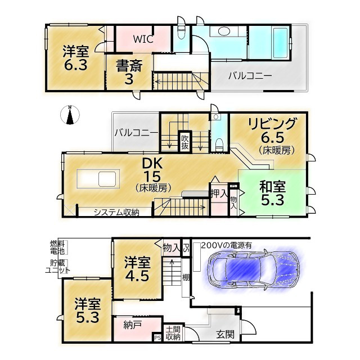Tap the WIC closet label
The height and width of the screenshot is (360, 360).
143,39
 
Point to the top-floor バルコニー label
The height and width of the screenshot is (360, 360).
250,75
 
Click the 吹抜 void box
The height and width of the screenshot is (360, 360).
184,142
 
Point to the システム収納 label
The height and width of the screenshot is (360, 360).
116,212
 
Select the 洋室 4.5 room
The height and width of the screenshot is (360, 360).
137,269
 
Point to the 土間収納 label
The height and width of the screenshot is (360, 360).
172,333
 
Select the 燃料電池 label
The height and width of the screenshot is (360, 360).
57,247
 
